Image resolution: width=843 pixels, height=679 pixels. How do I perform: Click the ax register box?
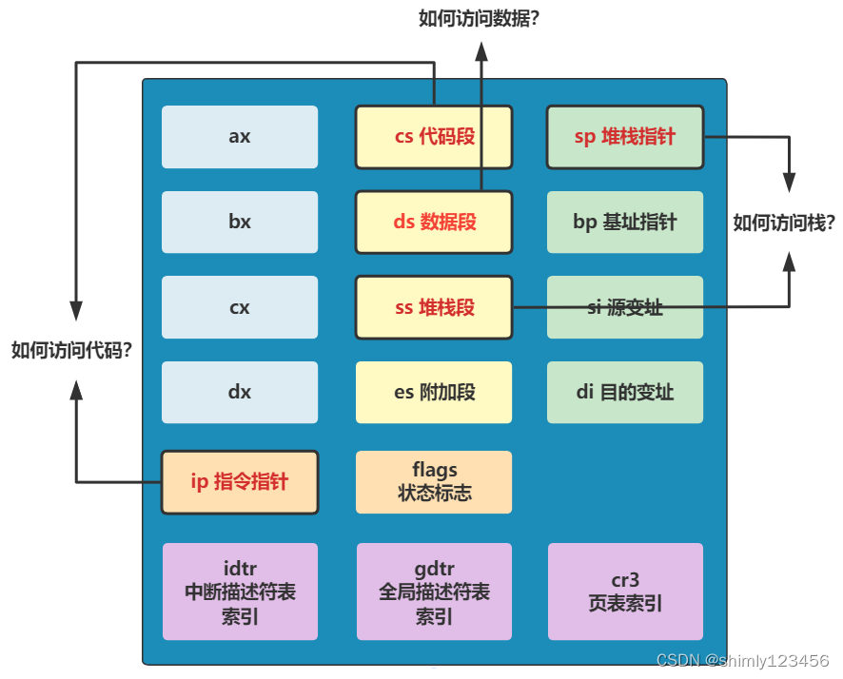[240, 137]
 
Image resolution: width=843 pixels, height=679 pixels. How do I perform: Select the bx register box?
[240, 223]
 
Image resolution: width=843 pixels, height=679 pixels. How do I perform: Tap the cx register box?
[240, 308]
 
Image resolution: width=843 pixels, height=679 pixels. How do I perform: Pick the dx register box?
[240, 392]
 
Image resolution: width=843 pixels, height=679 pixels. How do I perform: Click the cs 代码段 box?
[434, 137]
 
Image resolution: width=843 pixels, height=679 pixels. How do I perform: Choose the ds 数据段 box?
[434, 223]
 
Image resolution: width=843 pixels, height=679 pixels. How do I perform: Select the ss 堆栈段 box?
[434, 308]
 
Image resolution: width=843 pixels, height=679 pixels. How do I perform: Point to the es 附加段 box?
[434, 392]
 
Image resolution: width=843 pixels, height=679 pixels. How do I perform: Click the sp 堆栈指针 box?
[625, 137]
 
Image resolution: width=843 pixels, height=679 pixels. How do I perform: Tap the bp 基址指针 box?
[625, 223]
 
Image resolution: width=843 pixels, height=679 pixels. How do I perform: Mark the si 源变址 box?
[625, 308]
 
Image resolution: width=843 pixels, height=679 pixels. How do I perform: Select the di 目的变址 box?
[625, 392]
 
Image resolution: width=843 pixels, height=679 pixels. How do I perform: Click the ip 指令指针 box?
[239, 482]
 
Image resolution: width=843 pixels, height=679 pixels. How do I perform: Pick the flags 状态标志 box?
[434, 482]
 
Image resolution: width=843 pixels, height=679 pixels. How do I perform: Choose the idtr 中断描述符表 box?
[240, 592]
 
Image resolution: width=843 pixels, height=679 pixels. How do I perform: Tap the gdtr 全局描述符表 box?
[434, 592]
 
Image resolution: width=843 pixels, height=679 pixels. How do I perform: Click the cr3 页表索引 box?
[625, 592]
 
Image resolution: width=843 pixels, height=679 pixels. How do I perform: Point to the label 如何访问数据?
[479, 17]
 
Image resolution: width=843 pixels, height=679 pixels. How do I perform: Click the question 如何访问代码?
[71, 350]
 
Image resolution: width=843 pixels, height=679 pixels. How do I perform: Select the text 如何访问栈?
[784, 223]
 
